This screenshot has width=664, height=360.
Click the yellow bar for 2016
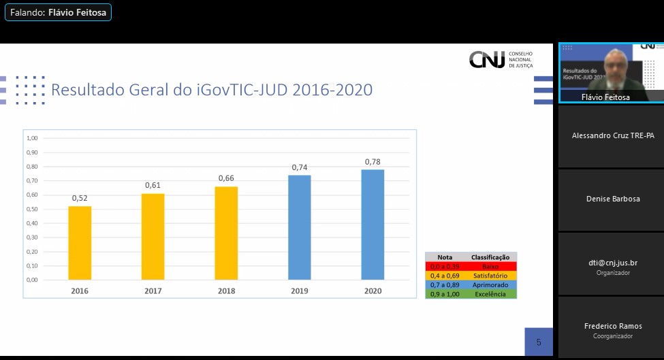[x=80, y=242]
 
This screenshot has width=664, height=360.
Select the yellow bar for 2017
[x=153, y=236]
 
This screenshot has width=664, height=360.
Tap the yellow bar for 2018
[x=226, y=233]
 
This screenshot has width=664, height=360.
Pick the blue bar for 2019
[x=300, y=227]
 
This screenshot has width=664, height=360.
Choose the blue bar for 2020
[x=373, y=225]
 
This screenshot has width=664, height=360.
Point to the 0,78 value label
[x=373, y=162]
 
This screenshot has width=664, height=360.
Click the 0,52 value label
[x=80, y=198]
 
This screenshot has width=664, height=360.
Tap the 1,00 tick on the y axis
[x=32, y=138]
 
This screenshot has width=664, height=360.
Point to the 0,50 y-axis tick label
[x=32, y=209]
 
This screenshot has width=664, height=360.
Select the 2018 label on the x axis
[x=226, y=291]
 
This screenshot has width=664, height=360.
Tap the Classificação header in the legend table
[x=490, y=257]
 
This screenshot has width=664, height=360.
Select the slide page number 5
[x=539, y=342]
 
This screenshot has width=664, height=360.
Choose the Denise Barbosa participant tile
[x=611, y=199]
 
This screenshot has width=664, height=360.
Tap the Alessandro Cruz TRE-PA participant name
[x=613, y=135]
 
